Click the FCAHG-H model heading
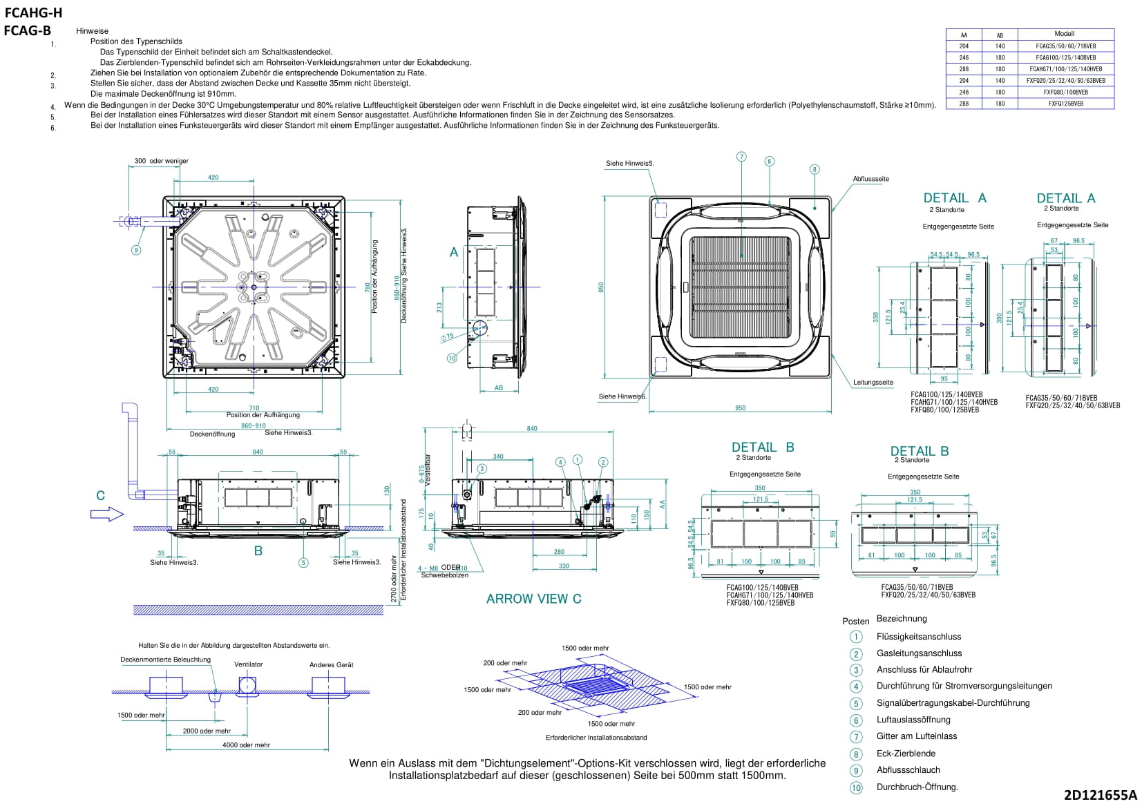point(33,13)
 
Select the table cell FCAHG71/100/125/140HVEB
point(1065,69)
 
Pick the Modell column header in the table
point(1064,34)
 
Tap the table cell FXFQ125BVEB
point(1065,104)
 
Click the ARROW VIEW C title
point(533,599)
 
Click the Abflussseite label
point(870,179)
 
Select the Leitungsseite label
point(873,382)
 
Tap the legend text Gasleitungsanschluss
point(919,653)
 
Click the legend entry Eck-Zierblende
point(906,754)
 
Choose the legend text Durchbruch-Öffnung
point(917,787)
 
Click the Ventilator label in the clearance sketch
point(248,664)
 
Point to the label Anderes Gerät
point(331,665)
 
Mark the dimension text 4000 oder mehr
point(246,745)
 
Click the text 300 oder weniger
point(161,161)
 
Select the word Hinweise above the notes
point(92,31)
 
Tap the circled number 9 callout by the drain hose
point(136,250)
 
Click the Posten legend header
point(855,621)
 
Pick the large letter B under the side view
point(258,551)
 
